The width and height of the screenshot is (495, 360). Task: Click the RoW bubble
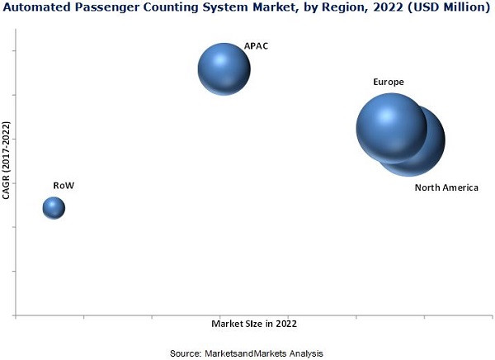coord(54,207)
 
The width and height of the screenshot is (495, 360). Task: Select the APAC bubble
coord(224,70)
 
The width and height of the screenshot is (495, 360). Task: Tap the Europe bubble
coord(391,127)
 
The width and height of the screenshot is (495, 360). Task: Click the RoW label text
coord(64,186)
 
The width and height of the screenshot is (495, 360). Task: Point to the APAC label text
coord(256,46)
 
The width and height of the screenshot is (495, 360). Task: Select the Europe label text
coord(388,83)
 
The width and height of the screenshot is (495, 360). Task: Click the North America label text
coord(446,187)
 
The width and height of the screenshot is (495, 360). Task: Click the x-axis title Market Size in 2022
coord(254,324)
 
